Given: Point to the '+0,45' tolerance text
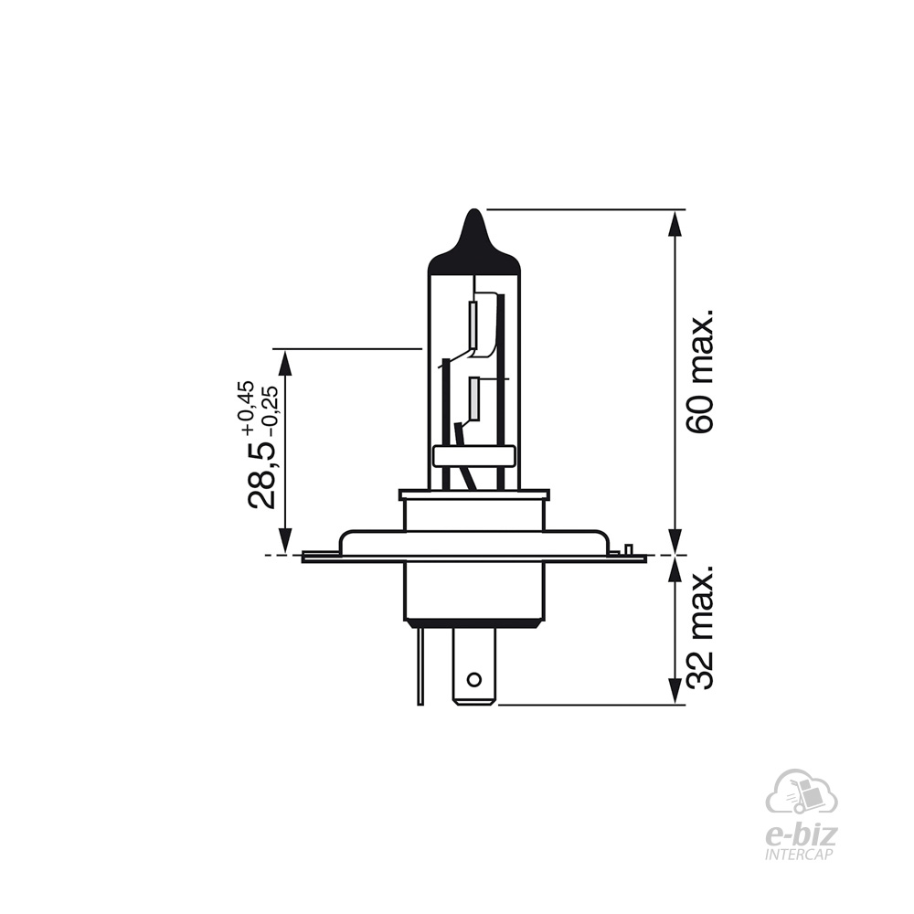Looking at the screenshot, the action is click(245, 407).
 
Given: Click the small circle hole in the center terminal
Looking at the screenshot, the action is click(473, 680).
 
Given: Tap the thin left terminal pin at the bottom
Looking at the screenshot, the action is click(420, 666).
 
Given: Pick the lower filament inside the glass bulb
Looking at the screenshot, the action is click(474, 399).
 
